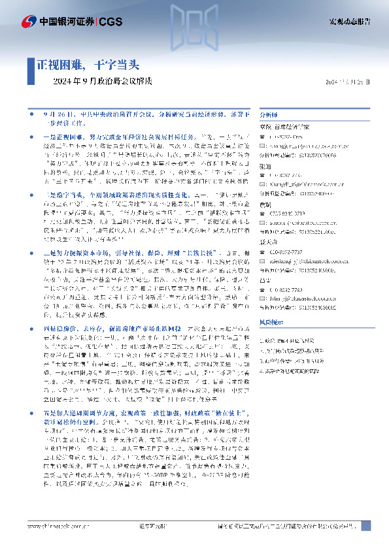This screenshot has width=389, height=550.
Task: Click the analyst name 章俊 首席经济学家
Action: (286, 127)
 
